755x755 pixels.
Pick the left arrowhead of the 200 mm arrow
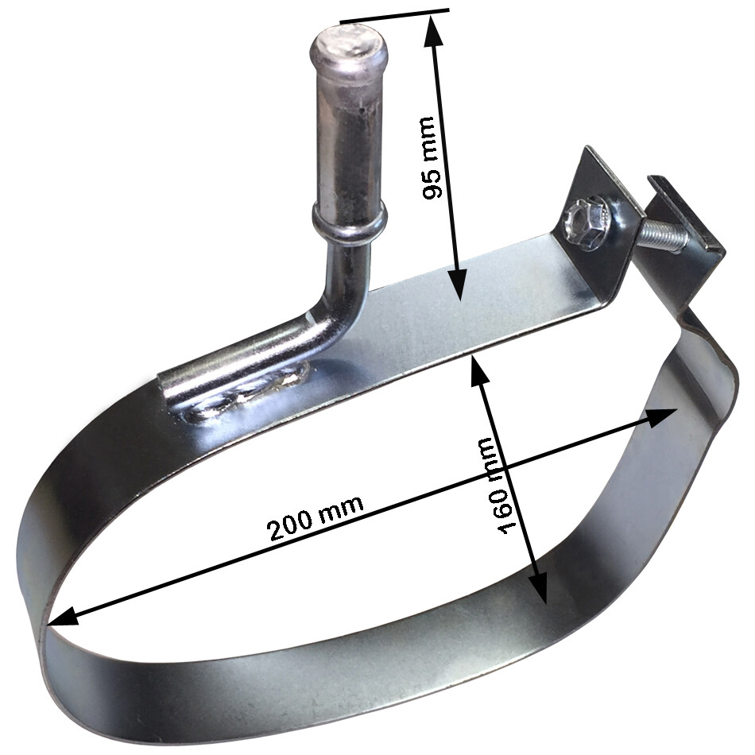[60, 618]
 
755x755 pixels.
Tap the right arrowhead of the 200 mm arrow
[664, 415]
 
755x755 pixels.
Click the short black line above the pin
[394, 14]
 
